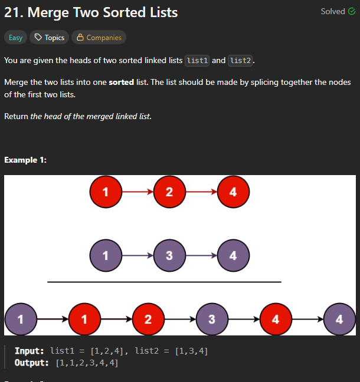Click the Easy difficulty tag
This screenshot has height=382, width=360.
click(x=15, y=38)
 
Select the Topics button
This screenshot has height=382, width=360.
click(x=49, y=38)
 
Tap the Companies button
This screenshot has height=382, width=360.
click(x=99, y=38)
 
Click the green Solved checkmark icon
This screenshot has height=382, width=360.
click(x=352, y=11)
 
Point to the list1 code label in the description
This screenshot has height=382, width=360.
click(x=197, y=61)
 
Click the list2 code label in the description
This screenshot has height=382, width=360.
click(x=240, y=61)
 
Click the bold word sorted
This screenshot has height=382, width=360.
click(x=121, y=83)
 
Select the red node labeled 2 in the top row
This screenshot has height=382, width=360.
click(x=169, y=192)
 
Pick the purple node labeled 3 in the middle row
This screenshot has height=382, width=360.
click(x=169, y=256)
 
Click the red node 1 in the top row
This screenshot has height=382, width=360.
click(x=106, y=192)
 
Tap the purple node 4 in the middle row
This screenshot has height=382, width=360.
click(x=234, y=256)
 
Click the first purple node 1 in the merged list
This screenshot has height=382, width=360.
click(x=21, y=319)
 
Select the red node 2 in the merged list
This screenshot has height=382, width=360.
click(x=148, y=319)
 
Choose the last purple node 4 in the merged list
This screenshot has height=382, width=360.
click(x=339, y=319)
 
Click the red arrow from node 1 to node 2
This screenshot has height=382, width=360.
click(x=138, y=192)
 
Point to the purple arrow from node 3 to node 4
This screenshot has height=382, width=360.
click(x=201, y=256)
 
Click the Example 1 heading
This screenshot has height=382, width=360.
click(x=25, y=160)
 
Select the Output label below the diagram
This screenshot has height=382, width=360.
click(x=31, y=363)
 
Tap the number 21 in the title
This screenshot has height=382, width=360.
click(x=14, y=12)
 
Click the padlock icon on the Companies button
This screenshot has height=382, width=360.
click(x=80, y=37)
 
